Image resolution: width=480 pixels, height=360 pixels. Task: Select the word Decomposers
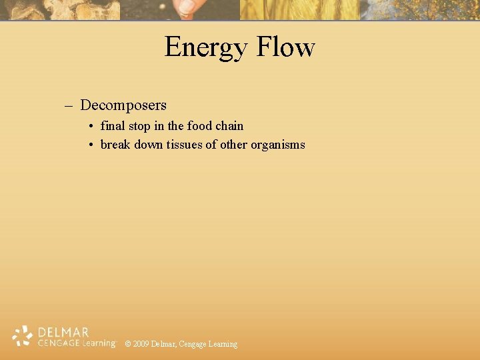click(123, 105)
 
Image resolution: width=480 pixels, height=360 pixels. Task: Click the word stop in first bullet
click(139, 126)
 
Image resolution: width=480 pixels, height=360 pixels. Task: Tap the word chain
click(229, 125)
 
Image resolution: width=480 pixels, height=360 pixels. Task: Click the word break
click(115, 144)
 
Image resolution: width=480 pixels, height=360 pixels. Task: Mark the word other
click(233, 144)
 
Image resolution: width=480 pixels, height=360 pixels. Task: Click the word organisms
click(278, 145)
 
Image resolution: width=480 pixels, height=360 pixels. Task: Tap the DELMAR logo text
click(64, 332)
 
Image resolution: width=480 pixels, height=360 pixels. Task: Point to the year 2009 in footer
click(141, 344)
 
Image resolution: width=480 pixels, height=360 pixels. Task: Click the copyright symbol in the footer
click(127, 344)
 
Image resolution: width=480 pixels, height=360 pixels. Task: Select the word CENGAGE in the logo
click(57, 343)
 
